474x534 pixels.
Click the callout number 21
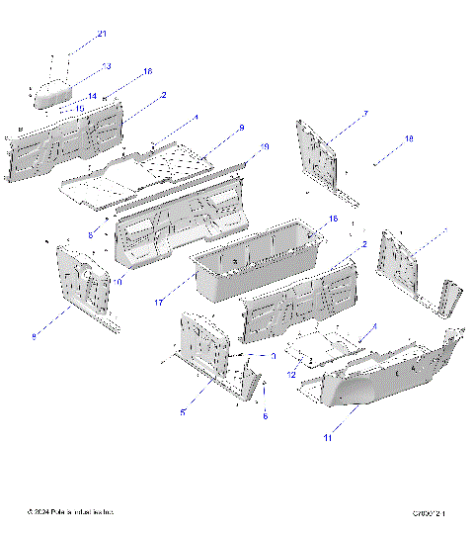point(101,35)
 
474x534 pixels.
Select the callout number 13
point(107,66)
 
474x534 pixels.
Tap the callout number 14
point(92,97)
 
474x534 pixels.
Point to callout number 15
point(79,109)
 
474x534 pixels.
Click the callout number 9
point(240,129)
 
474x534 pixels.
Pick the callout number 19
point(264,147)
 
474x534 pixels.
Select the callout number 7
point(365,115)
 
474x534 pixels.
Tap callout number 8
point(34,337)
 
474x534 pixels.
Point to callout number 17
point(159,304)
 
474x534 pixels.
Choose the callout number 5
point(183,412)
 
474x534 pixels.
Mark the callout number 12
point(292,374)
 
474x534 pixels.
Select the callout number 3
point(273,355)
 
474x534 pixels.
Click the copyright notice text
point(71,512)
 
